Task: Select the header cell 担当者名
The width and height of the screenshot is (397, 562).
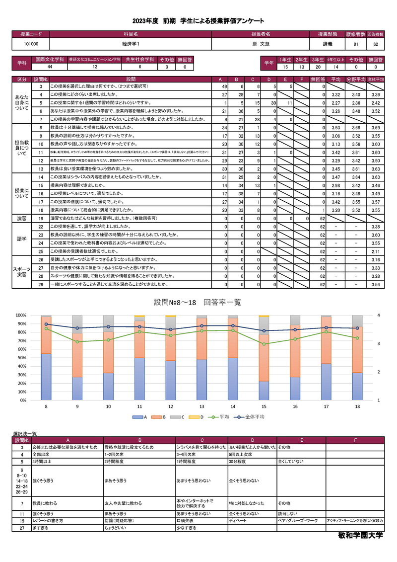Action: click(261, 34)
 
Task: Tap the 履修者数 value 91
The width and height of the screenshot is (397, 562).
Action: click(356, 44)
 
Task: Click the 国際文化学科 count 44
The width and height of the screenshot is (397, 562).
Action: click(50, 67)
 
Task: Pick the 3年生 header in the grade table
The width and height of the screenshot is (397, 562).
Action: click(318, 60)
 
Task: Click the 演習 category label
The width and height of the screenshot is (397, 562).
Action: click(22, 218)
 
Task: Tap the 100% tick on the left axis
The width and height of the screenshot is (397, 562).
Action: click(20, 315)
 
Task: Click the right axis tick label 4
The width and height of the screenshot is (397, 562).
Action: click(378, 315)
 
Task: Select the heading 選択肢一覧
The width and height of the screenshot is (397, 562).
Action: click(24, 434)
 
